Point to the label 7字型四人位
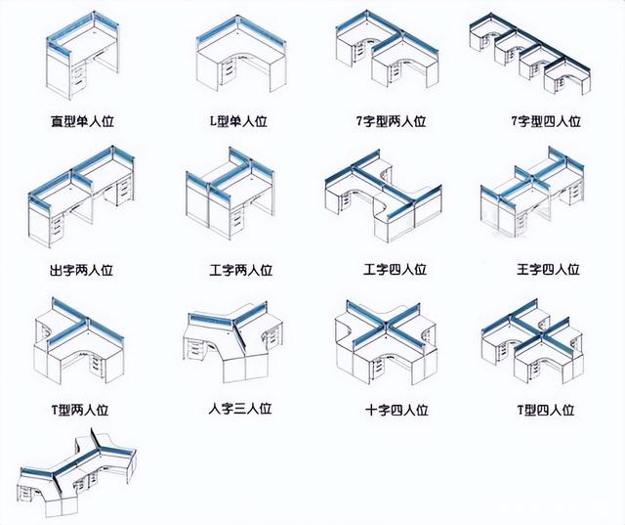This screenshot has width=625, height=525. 546,122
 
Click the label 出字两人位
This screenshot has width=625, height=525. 85,269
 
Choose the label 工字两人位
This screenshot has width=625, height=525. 239,269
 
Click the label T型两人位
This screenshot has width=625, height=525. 85,410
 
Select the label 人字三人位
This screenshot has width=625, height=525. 239,408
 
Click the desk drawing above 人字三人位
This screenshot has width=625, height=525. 234,342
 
